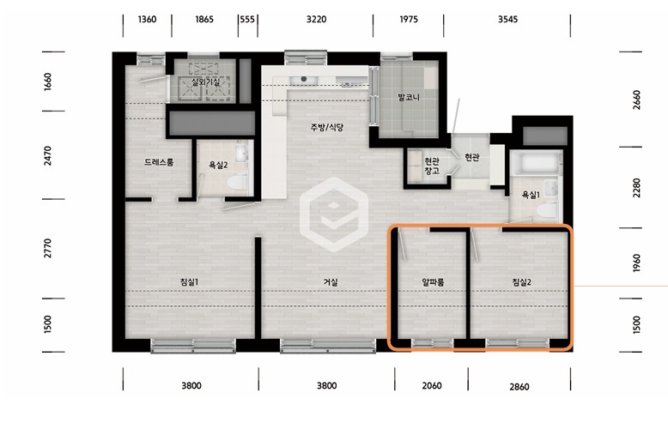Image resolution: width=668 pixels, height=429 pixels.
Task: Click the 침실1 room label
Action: click(x=189, y=281)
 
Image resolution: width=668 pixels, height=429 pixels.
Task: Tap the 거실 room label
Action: click(x=331, y=281)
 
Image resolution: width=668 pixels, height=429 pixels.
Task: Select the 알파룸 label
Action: click(x=433, y=281)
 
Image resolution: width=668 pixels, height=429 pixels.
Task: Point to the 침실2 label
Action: click(x=521, y=281)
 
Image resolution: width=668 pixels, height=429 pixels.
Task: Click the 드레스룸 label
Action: click(x=159, y=161)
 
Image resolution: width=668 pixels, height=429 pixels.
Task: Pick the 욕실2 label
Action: click(x=218, y=165)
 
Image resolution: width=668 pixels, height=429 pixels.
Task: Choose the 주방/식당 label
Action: click(x=327, y=127)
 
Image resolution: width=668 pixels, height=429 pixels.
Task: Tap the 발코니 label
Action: click(x=409, y=97)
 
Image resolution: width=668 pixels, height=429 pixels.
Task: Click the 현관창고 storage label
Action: click(x=432, y=166)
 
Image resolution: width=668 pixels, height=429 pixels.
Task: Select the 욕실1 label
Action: click(x=531, y=195)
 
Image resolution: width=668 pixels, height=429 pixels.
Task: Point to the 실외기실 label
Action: click(x=205, y=82)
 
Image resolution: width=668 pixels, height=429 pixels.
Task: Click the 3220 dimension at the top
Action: click(x=316, y=19)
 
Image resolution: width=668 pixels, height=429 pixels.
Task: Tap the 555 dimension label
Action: click(x=247, y=19)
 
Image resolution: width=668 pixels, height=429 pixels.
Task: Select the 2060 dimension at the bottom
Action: click(x=432, y=385)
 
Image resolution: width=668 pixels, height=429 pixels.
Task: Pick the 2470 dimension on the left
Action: click(x=47, y=156)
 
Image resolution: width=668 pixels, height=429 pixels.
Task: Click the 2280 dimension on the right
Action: click(x=636, y=188)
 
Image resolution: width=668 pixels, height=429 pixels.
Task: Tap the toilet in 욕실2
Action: click(x=237, y=182)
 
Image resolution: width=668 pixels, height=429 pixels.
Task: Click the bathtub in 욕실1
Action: click(x=536, y=163)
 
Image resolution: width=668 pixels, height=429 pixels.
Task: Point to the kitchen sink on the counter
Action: click(x=304, y=80)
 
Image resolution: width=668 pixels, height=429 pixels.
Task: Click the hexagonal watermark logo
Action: click(x=334, y=214)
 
